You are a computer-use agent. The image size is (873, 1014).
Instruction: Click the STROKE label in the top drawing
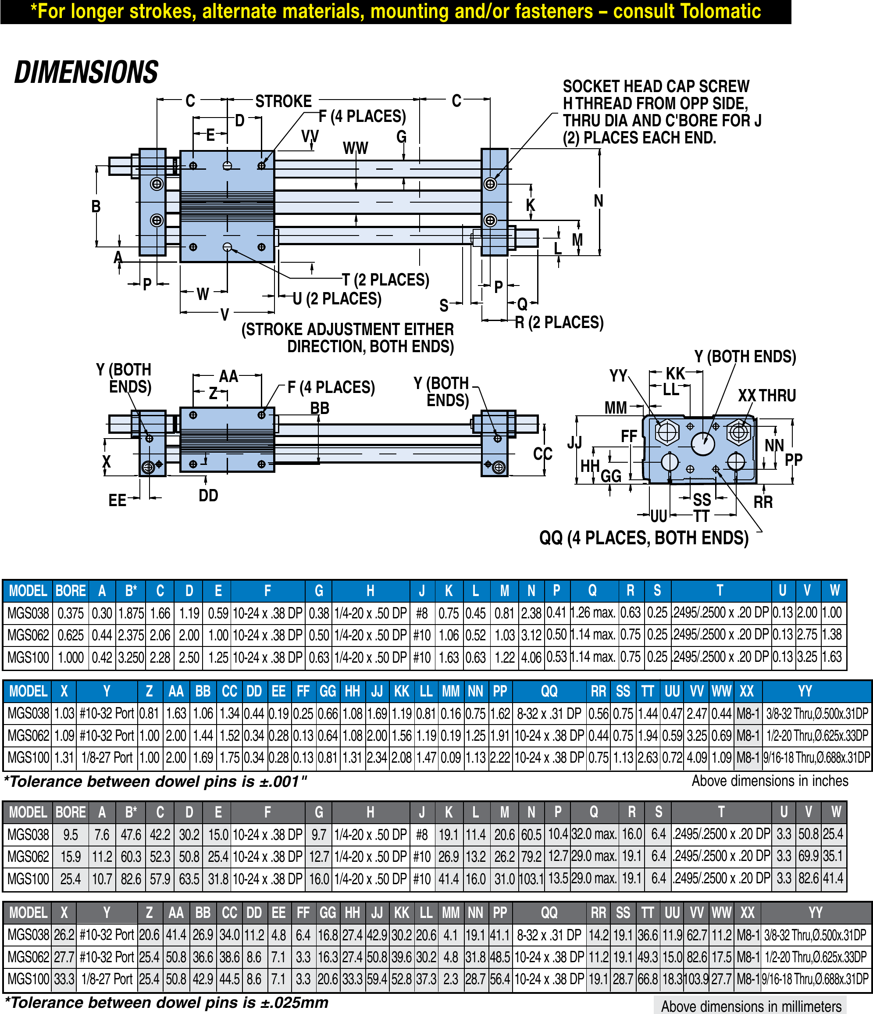click(283, 101)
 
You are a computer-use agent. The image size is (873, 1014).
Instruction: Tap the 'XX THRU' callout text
click(766, 396)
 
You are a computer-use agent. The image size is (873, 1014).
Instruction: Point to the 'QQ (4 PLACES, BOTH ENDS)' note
click(644, 538)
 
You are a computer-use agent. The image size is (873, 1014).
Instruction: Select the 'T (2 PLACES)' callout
click(385, 280)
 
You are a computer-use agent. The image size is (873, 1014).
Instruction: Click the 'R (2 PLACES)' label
click(559, 322)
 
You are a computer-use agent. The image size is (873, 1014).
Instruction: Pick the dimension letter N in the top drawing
click(598, 200)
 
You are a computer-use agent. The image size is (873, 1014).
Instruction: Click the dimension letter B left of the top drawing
click(96, 206)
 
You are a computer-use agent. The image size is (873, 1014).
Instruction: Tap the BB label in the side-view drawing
click(320, 408)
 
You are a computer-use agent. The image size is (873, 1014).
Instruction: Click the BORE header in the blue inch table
click(71, 591)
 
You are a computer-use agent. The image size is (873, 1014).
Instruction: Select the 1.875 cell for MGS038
click(131, 613)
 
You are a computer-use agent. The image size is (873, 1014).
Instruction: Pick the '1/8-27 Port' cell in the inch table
click(107, 757)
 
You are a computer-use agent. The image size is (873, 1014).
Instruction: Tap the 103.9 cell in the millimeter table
click(697, 979)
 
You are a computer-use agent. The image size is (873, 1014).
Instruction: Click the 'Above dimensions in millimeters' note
click(751, 1006)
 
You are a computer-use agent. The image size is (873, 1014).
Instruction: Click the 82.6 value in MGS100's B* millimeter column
click(131, 879)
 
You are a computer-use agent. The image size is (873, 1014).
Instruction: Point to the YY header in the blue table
click(805, 691)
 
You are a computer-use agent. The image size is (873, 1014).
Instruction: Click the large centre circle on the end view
click(703, 443)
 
